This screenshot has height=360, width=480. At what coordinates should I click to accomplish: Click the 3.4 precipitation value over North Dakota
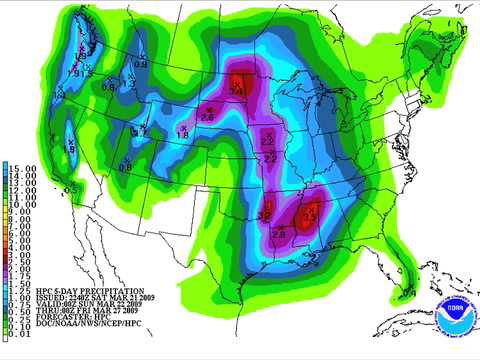[x=237, y=90]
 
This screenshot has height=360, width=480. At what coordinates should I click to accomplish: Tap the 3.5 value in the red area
[x=309, y=215]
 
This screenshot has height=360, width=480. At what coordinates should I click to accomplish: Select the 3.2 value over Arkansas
[x=265, y=215]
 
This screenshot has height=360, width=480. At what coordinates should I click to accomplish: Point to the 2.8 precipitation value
[x=278, y=234]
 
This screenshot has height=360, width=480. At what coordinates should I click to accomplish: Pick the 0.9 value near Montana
[x=141, y=65]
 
